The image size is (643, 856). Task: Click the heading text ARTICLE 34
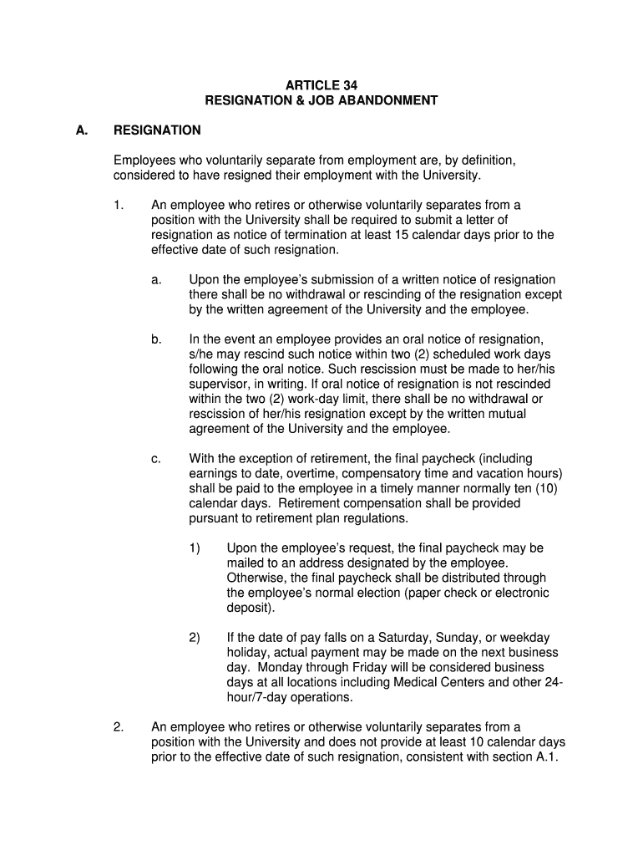coord(321,85)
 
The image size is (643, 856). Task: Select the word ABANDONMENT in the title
coord(393,100)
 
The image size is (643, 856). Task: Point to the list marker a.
coord(156,280)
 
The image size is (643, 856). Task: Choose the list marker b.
coord(156,339)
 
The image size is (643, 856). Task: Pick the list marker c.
coord(156,459)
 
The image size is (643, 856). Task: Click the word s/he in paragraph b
coord(204,354)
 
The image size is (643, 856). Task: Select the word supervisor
coord(219,385)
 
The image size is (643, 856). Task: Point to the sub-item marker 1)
coord(195,548)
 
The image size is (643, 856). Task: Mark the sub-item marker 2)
coord(195,638)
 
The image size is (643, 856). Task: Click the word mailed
coord(246,563)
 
